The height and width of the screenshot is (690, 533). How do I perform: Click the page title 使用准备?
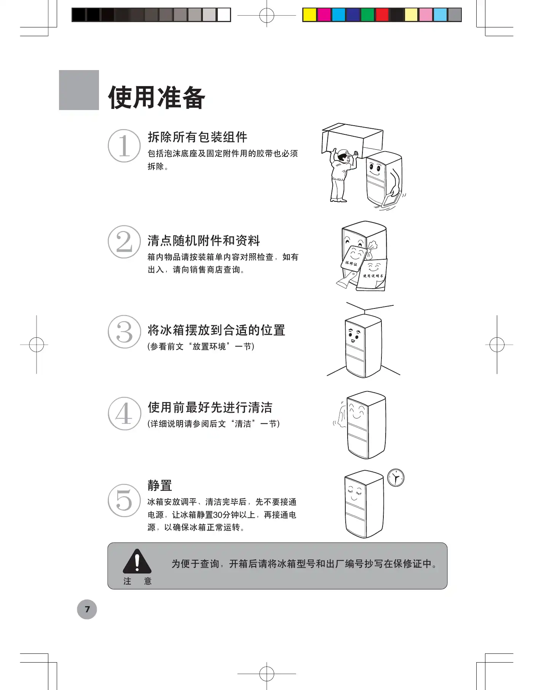click(x=156, y=97)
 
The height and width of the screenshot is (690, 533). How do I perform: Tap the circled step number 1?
click(x=124, y=145)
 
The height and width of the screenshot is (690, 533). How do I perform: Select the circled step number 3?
click(x=124, y=332)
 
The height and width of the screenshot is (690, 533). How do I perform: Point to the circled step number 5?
click(x=124, y=500)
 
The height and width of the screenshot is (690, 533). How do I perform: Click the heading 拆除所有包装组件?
click(x=198, y=137)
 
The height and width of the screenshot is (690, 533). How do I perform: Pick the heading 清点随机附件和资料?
click(x=204, y=241)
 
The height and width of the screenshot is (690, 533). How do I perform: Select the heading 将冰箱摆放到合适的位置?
click(x=216, y=330)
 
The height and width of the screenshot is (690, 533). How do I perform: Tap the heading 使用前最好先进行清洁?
click(x=210, y=407)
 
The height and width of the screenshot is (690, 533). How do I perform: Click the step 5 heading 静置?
click(x=160, y=486)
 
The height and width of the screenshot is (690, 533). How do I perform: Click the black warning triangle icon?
click(x=137, y=561)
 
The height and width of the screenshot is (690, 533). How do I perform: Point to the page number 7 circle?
click(x=87, y=609)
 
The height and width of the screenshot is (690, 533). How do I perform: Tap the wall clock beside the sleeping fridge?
click(x=396, y=478)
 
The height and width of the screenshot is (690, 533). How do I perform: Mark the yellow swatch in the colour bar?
click(x=310, y=15)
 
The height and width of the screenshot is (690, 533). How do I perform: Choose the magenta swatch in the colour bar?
click(x=324, y=15)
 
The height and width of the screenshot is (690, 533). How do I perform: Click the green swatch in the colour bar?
click(x=367, y=15)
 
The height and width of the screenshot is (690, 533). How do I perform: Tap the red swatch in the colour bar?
click(x=382, y=15)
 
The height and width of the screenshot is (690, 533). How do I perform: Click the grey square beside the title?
click(x=79, y=90)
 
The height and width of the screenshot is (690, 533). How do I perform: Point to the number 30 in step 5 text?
click(x=218, y=515)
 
